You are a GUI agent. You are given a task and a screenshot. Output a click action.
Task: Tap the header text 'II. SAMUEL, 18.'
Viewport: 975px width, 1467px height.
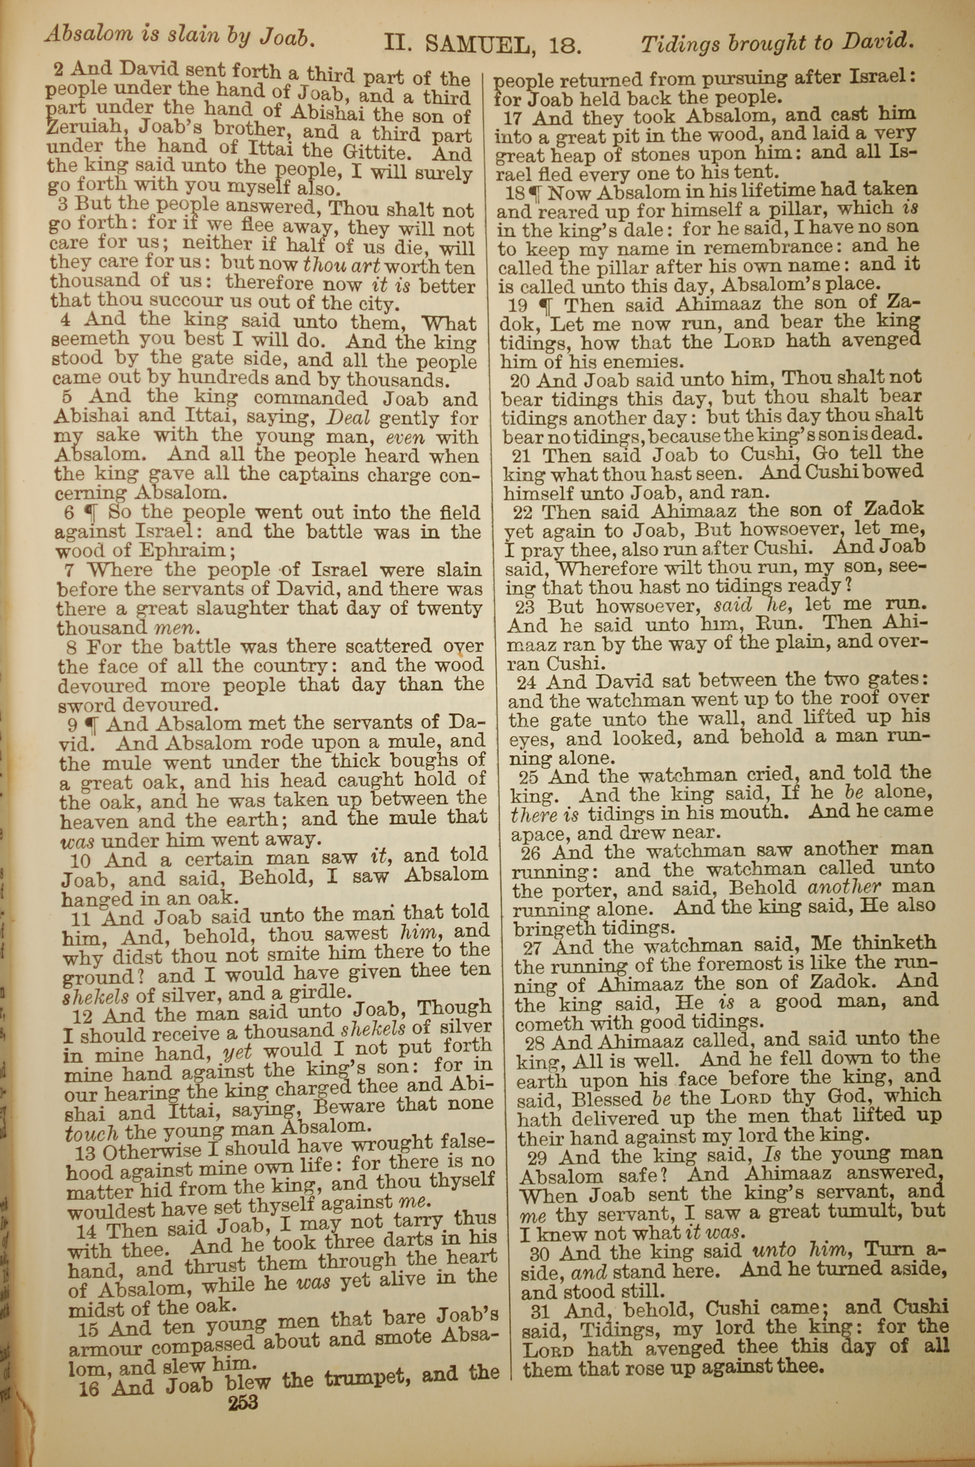coord(483,43)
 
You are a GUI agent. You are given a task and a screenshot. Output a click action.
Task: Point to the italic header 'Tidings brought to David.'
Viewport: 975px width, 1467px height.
coord(777,43)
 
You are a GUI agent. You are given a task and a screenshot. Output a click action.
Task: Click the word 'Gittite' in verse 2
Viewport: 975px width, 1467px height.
coord(379,151)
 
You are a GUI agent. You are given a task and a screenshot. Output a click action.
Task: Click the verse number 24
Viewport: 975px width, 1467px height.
coord(526,683)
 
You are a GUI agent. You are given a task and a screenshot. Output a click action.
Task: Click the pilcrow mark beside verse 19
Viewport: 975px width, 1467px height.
coord(546,305)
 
